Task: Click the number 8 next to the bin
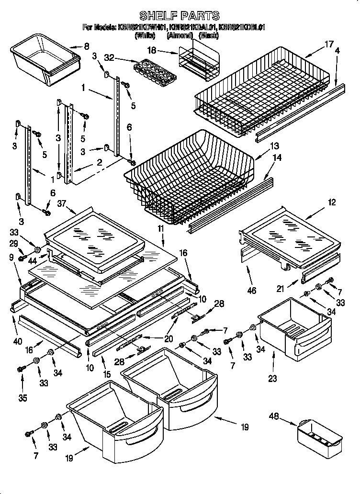87,46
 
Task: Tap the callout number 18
152,50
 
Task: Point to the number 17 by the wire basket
328,45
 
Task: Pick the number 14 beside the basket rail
277,157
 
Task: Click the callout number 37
61,204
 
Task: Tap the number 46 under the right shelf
251,290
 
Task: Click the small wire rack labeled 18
199,58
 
